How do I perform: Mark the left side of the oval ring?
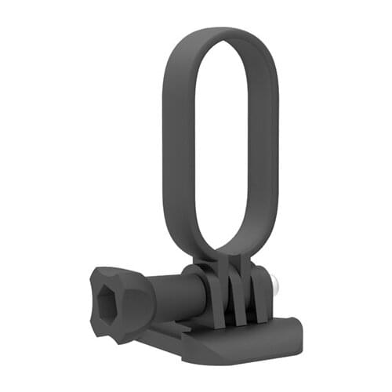tap(174, 141)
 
